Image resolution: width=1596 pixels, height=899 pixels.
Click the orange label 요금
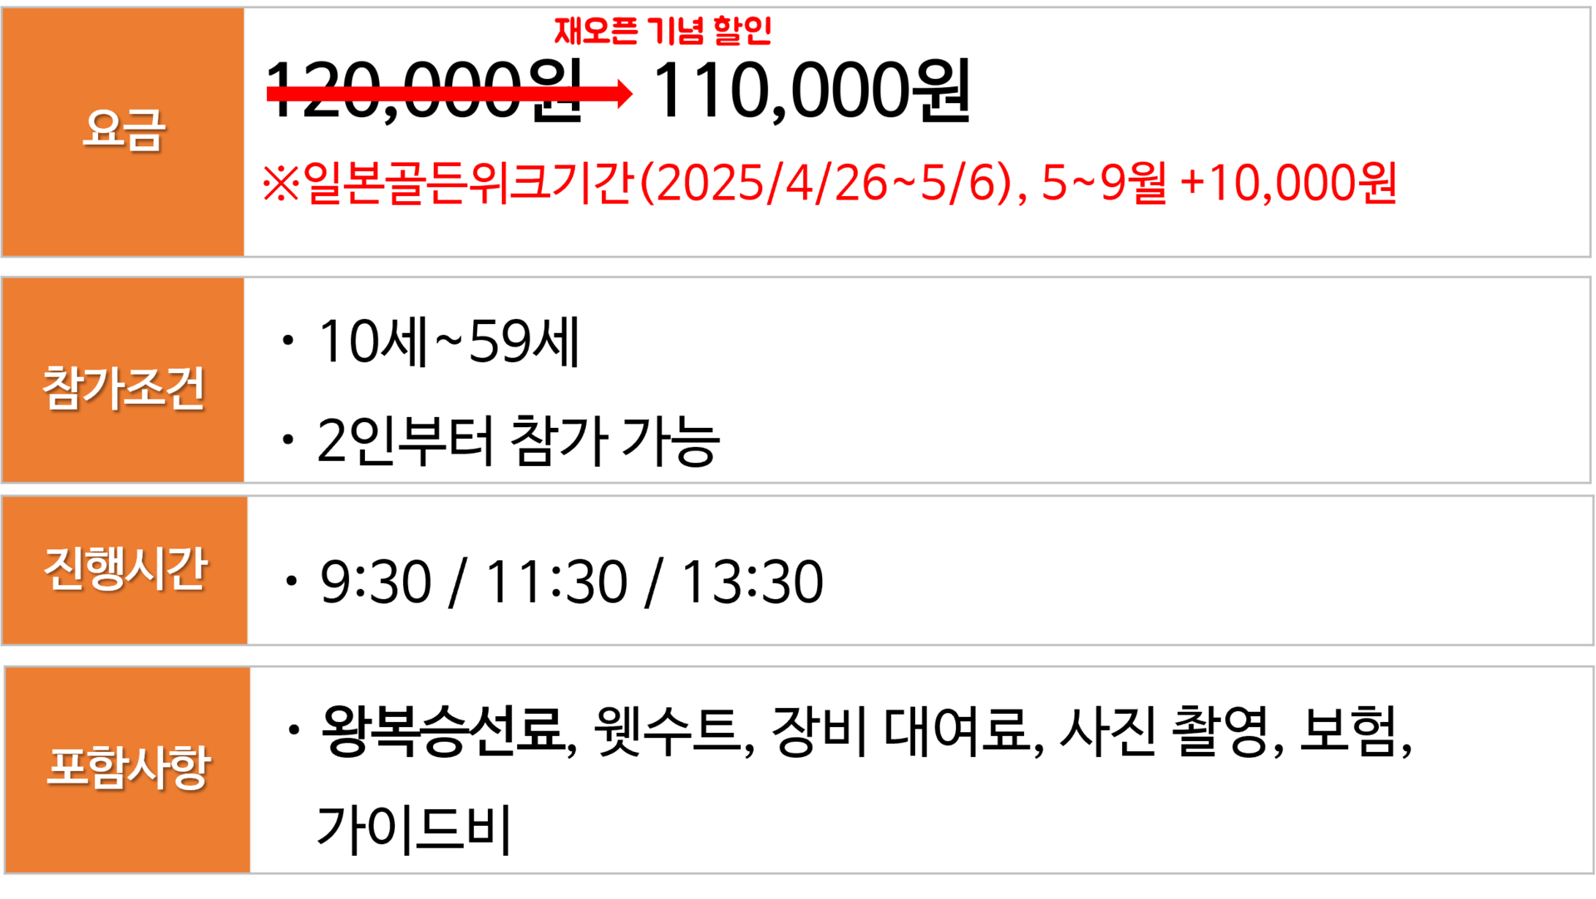point(124,130)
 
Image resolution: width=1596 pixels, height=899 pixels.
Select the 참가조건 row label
point(123,387)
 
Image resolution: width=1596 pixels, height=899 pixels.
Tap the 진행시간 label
point(125,569)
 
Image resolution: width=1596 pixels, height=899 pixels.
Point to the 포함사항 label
point(128,767)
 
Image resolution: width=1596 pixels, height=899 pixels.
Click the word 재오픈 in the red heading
point(595,32)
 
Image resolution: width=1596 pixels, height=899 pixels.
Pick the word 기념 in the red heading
point(675,32)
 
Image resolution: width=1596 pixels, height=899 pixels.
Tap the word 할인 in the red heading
point(742,32)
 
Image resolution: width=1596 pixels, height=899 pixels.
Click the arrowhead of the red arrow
point(625,93)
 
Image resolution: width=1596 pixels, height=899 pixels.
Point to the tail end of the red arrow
point(271,93)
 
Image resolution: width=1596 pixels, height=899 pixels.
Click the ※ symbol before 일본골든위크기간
point(280,183)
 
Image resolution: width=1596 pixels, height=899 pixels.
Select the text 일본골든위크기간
point(469,183)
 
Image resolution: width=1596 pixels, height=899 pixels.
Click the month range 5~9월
point(1103,183)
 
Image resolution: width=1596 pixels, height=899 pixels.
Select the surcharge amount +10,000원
point(1288,183)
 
